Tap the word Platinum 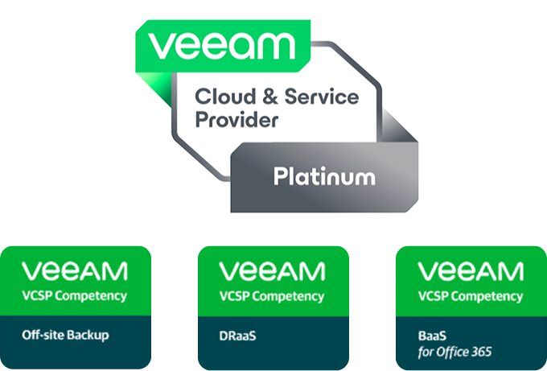coord(324,175)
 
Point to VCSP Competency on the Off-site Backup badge coord(75,295)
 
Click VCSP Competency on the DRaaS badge coord(273,295)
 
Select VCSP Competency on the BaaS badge coord(471,295)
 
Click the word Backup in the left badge coord(91,334)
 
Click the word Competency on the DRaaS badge coord(288,295)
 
